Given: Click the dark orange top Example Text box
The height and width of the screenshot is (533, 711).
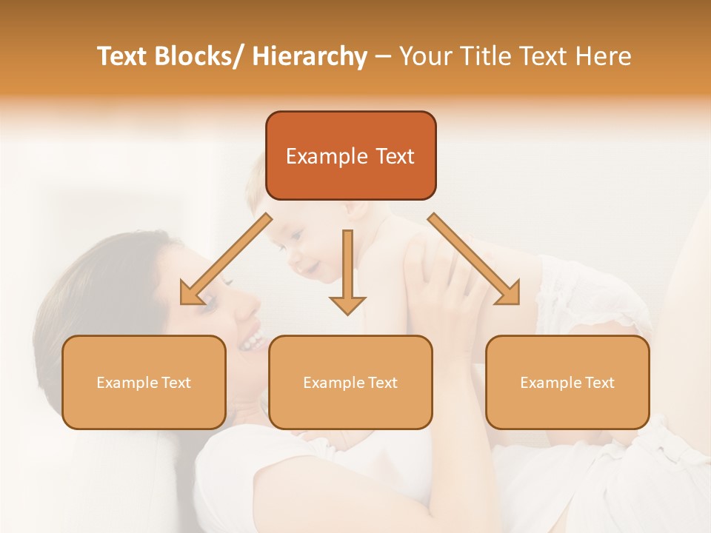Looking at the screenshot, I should click(350, 155).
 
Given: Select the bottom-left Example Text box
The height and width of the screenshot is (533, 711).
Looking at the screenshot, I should click(144, 382).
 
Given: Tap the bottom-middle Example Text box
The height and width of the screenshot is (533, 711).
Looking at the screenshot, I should click(350, 382).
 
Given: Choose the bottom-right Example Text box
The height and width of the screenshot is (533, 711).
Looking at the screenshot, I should click(567, 382).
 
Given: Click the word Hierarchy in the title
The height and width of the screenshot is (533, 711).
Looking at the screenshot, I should click(310, 56).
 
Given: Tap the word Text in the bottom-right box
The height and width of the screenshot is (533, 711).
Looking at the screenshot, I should click(599, 383).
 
